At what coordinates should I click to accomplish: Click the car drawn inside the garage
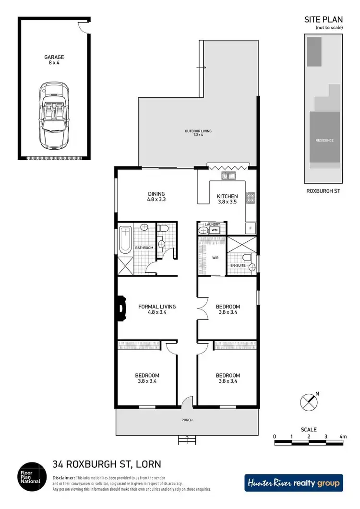(x=53, y=114)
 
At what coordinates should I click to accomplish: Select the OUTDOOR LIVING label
(x=198, y=133)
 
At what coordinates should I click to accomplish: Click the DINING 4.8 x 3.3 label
(x=156, y=197)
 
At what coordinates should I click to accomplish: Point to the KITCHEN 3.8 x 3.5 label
(x=227, y=199)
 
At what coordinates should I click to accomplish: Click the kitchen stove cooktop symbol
(x=250, y=198)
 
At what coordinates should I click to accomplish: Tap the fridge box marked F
(x=251, y=228)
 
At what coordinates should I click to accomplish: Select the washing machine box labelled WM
(x=215, y=230)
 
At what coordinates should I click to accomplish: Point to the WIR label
(x=215, y=257)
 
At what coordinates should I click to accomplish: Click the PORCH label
(x=187, y=420)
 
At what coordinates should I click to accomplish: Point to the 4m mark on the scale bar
(x=343, y=437)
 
